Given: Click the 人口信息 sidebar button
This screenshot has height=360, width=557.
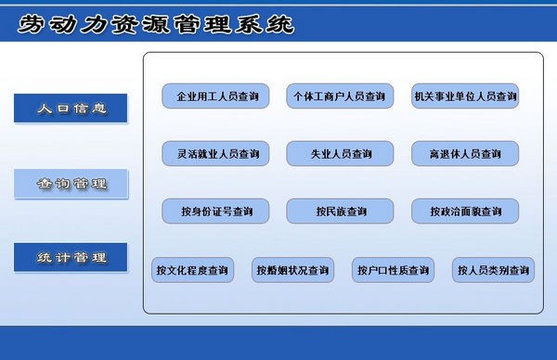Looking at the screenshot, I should (71, 109).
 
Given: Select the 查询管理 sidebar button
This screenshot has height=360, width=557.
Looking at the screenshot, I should (71, 184).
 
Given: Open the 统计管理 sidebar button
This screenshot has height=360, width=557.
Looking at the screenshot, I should (71, 257).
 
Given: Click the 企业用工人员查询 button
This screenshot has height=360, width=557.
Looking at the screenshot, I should (216, 96).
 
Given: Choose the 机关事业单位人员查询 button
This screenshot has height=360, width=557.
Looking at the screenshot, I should (465, 96).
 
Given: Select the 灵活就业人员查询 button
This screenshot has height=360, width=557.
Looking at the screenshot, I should (216, 153).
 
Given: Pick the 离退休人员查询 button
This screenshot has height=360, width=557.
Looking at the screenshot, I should (465, 153).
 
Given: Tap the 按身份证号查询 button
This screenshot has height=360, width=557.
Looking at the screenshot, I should (216, 212).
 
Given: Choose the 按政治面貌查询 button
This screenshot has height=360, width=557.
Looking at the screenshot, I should (465, 212).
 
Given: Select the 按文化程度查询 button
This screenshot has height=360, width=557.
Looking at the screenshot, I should (192, 270).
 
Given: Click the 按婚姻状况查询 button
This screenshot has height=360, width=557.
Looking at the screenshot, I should (292, 270).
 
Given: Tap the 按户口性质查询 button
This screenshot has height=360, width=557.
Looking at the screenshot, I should (393, 270).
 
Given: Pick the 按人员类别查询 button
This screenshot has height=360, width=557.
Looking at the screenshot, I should (493, 270).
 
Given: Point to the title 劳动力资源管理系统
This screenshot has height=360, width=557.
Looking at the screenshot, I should (155, 24).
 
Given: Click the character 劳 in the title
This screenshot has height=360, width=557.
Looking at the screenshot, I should (33, 24).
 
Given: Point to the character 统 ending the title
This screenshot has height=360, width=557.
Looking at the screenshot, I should (278, 24).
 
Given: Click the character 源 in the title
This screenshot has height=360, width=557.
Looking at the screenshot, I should (156, 24).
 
